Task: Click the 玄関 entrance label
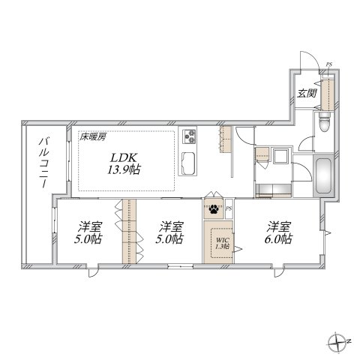305,94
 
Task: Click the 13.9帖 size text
125,170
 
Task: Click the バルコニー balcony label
43,163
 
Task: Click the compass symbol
335,341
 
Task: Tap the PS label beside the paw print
229,208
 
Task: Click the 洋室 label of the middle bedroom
171,226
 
